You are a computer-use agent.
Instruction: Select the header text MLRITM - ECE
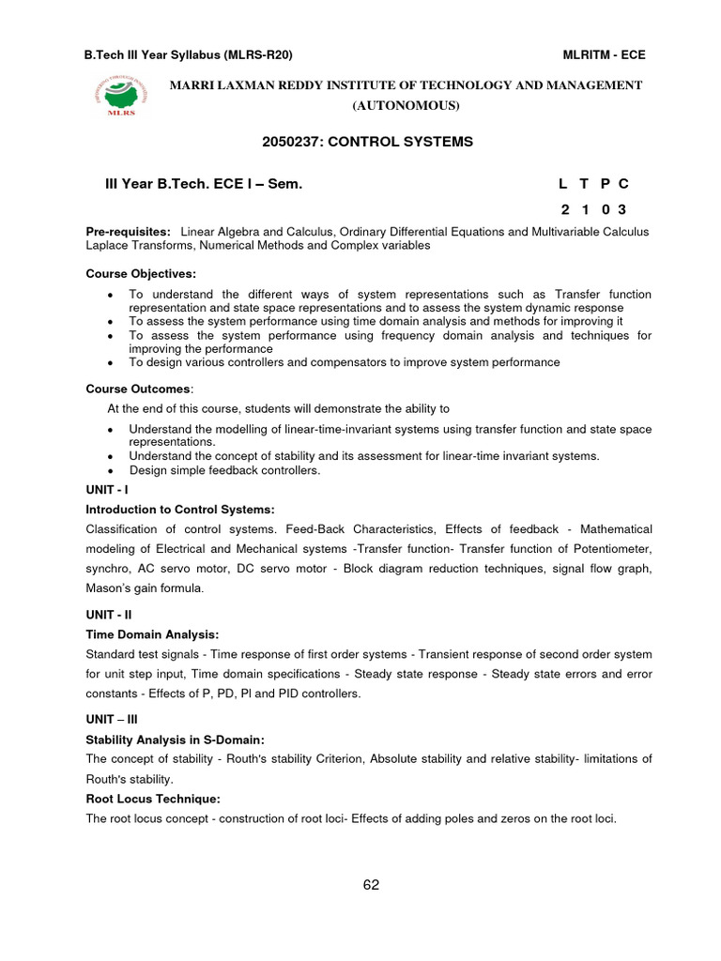(x=604, y=54)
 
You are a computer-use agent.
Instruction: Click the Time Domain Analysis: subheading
(x=152, y=634)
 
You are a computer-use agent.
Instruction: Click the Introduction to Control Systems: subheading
(x=180, y=510)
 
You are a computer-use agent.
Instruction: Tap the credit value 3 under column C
(x=621, y=208)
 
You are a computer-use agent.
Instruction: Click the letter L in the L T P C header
(x=565, y=185)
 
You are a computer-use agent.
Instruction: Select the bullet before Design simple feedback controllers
(x=112, y=470)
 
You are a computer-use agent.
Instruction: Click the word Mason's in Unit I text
(x=112, y=588)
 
